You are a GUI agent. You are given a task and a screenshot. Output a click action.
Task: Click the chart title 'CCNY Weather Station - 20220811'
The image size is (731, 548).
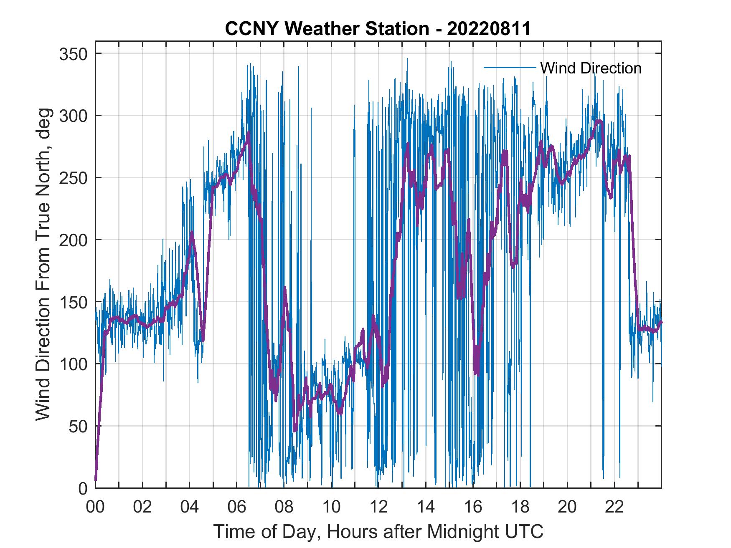point(378,29)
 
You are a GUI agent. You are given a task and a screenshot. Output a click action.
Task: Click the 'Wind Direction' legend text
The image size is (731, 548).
point(591,68)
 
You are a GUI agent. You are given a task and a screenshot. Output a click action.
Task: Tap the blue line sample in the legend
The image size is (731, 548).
point(510,68)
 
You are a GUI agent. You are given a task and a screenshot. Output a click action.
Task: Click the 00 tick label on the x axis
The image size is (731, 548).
point(95,507)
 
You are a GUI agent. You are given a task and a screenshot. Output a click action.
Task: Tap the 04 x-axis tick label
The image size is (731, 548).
point(190,507)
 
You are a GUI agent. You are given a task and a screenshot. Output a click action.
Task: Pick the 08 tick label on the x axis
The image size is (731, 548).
point(284,507)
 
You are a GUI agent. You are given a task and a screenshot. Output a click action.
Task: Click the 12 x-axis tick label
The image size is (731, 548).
point(378,507)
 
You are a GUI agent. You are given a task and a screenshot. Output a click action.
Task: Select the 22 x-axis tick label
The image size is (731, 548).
point(614,507)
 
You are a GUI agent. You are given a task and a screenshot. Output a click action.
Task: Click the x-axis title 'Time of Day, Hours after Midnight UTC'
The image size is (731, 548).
point(378,531)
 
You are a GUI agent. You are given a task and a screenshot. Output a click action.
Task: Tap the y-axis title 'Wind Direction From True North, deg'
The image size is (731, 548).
point(43,264)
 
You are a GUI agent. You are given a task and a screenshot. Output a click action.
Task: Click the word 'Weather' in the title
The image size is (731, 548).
point(320,29)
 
